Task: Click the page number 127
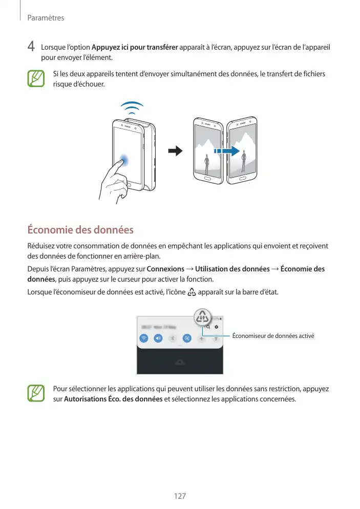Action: pos(180,496)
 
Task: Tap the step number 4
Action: pos(31,47)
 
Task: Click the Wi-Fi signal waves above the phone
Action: pos(132,108)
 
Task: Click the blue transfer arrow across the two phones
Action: pos(227,151)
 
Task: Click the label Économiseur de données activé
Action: pos(272,336)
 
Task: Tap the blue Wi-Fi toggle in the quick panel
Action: pos(144,338)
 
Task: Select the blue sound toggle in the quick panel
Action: pos(158,338)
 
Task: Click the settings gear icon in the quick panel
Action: pos(217,327)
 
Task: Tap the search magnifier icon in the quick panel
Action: pos(208,327)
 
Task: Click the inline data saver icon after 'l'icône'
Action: pos(192,293)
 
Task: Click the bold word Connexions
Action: pos(165,269)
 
